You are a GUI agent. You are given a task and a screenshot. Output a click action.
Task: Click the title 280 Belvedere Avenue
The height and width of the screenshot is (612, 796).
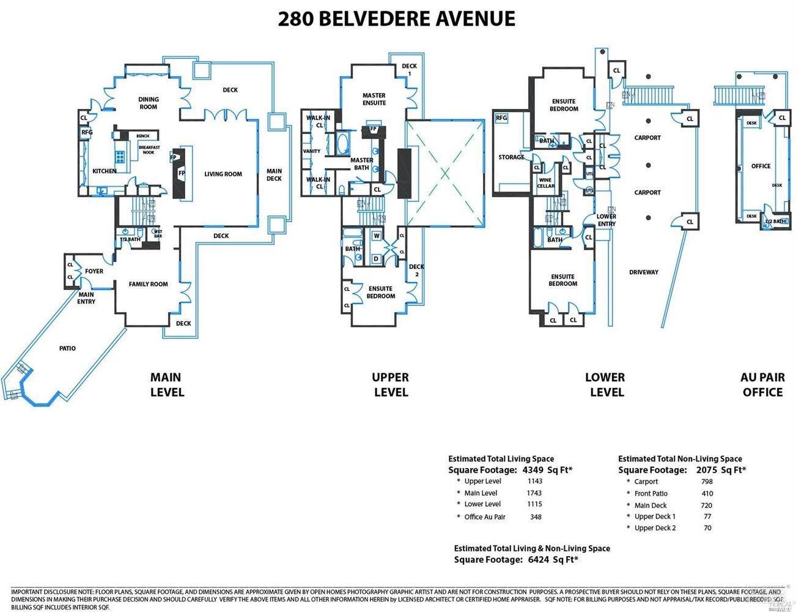point(397,18)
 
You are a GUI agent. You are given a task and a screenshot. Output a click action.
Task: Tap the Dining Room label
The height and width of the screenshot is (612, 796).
point(149,103)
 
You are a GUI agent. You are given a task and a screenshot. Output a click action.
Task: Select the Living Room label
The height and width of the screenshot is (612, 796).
point(223,174)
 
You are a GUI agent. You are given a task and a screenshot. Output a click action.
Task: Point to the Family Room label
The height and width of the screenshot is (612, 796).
point(148,284)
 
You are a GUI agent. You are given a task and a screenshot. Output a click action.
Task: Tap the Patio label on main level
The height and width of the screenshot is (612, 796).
point(67,348)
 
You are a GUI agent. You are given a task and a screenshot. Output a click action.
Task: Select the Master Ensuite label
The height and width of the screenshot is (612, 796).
point(374,99)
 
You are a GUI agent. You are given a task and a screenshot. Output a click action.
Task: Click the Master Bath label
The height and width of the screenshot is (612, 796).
point(361,164)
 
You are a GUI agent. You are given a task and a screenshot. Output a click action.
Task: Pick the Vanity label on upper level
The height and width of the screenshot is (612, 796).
point(312,151)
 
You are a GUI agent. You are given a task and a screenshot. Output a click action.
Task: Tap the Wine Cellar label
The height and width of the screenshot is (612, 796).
point(545,183)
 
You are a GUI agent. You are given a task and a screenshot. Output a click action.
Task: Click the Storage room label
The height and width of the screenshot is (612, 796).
point(511,157)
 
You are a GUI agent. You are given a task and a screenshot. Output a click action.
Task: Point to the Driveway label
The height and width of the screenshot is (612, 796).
point(644,272)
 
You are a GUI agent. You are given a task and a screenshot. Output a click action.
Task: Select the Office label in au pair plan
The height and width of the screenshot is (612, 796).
point(761,166)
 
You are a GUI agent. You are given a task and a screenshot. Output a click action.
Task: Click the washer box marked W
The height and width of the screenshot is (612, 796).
point(377,236)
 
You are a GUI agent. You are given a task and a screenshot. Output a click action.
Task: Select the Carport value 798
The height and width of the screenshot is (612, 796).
point(707,482)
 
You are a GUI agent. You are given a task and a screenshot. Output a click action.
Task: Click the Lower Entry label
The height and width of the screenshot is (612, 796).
point(606,220)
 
